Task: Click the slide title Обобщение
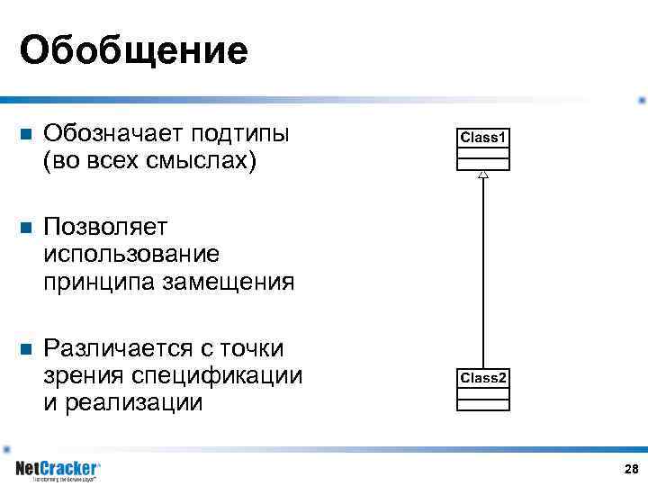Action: coord(133,50)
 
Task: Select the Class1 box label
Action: coord(484,138)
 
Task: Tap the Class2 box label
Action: coord(483,378)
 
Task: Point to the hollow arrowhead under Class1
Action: coord(483,175)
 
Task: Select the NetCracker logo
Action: coord(58,470)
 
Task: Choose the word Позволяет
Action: coord(100,227)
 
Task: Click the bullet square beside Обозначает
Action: coord(25,135)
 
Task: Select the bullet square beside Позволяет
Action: coord(25,228)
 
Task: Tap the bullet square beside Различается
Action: coord(25,348)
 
